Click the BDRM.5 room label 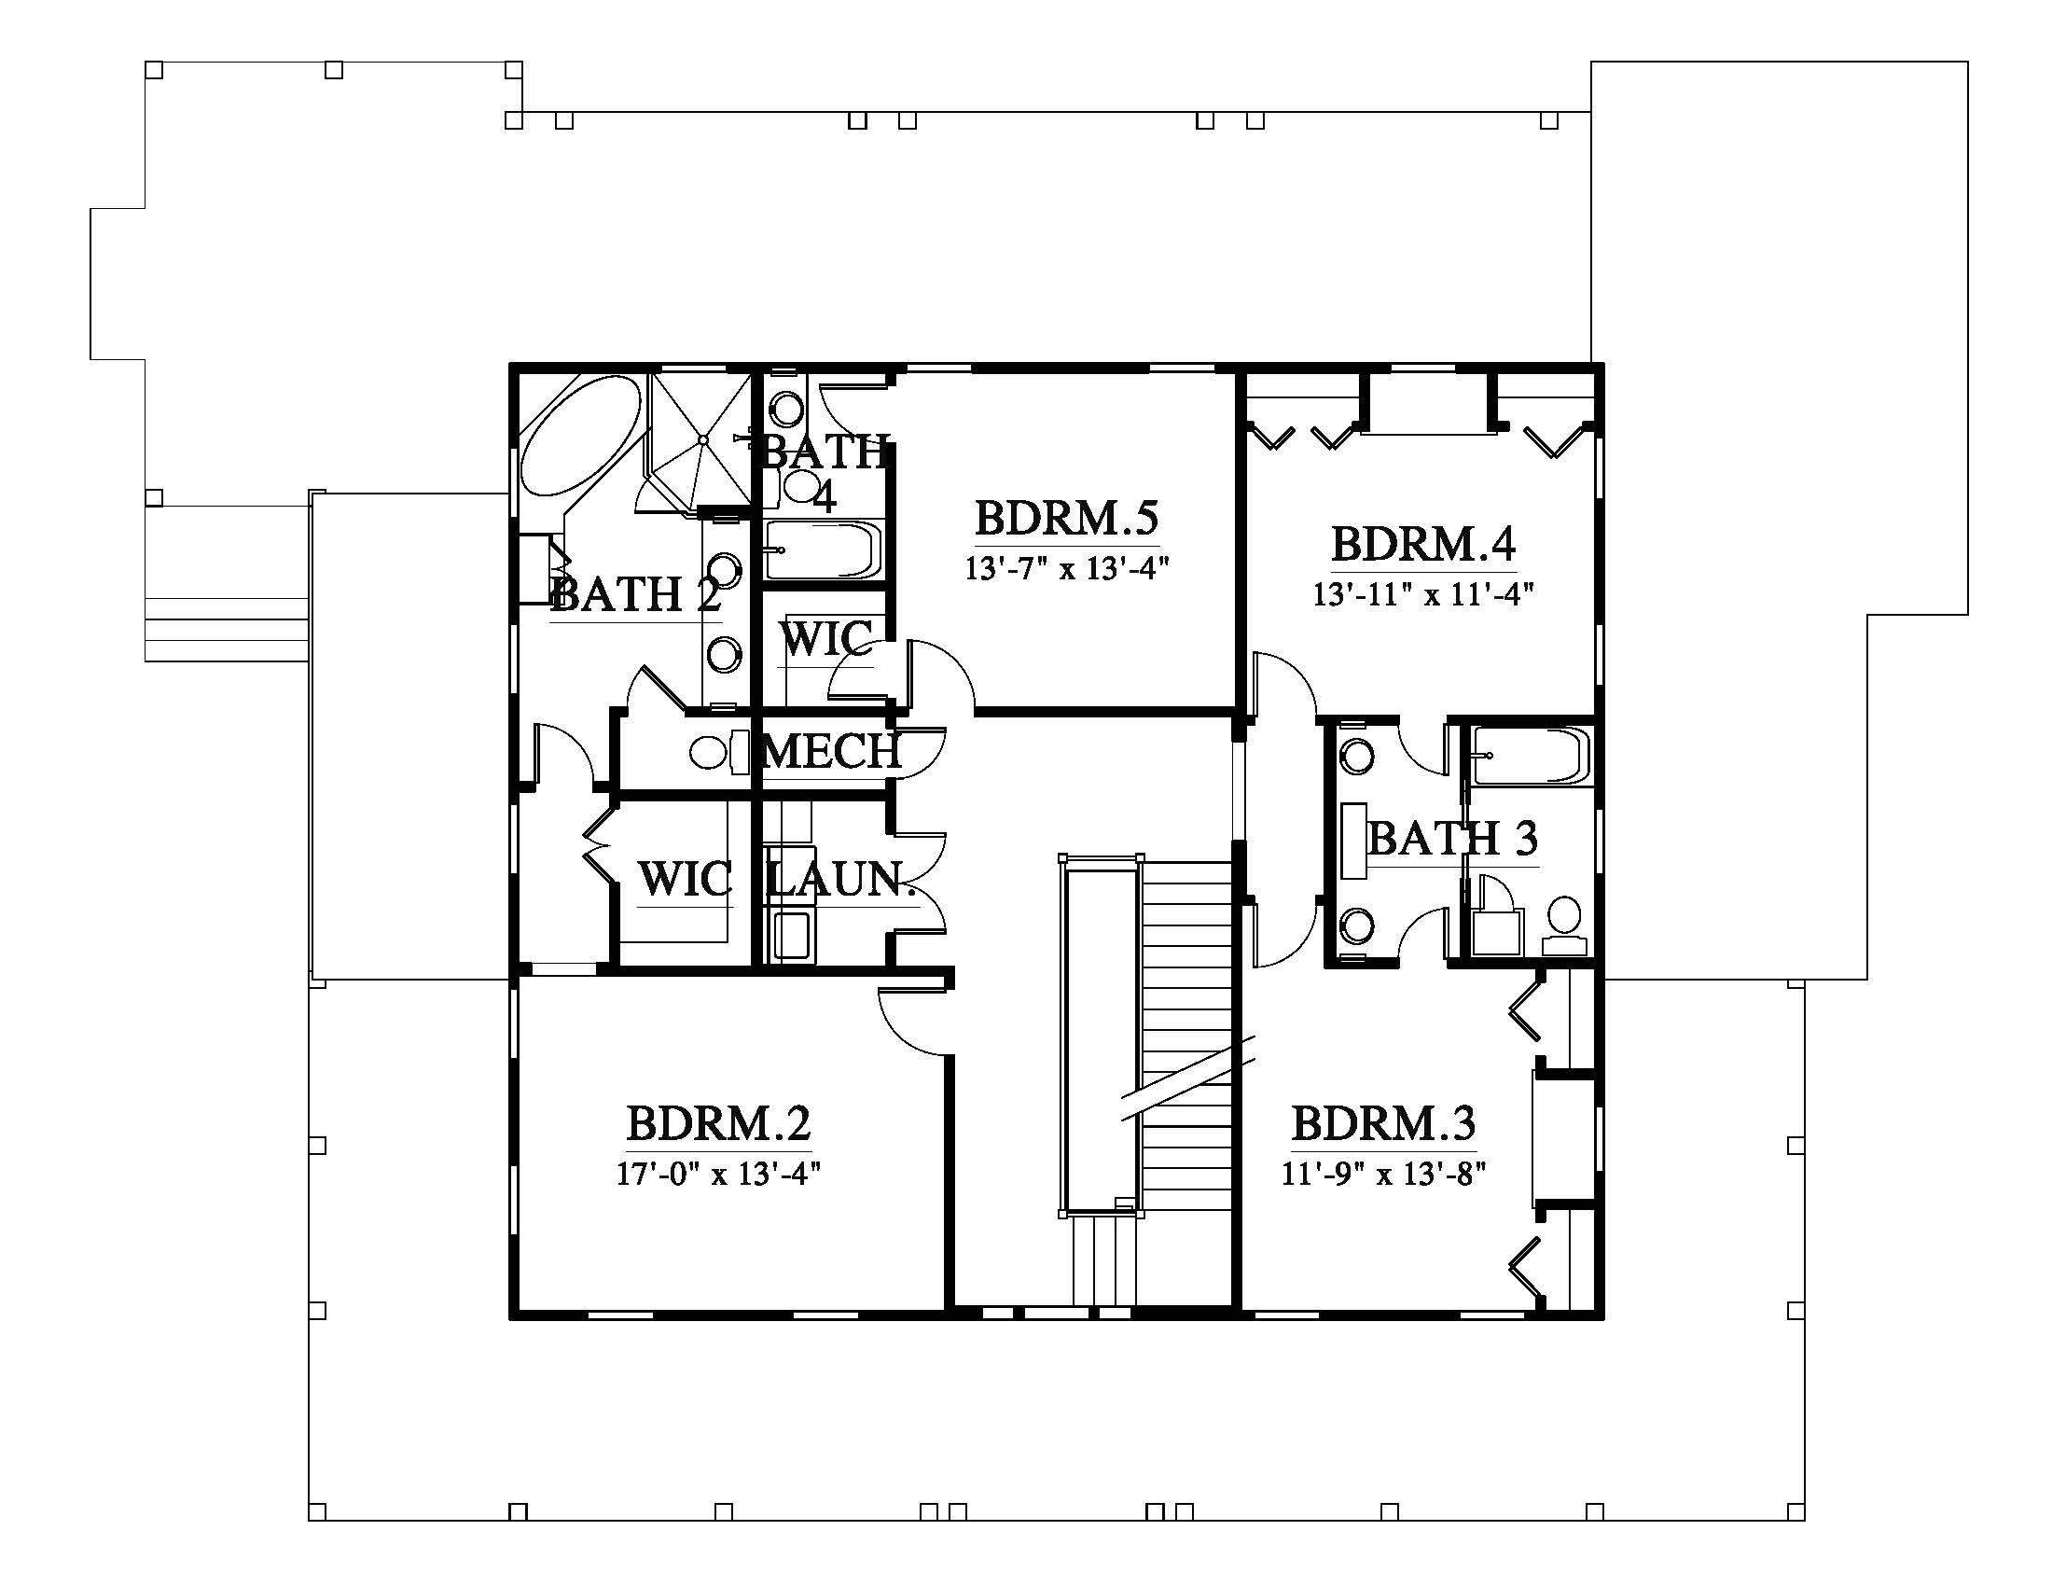(1066, 517)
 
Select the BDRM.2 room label (719, 1121)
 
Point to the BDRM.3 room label (1384, 1121)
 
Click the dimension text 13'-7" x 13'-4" (1066, 568)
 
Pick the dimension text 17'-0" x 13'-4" (719, 1174)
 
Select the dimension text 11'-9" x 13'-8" (1384, 1174)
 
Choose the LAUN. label (841, 880)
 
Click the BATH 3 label (1452, 838)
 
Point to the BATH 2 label (636, 595)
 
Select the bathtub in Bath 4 (824, 550)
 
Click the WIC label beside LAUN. (685, 880)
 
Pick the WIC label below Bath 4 (826, 640)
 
